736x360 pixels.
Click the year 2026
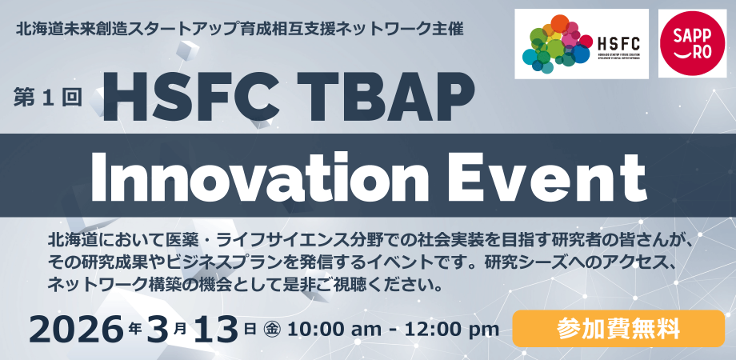pyautogui.click(x=77, y=327)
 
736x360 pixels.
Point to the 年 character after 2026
pyautogui.click(x=135, y=327)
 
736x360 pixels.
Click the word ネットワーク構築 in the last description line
pyautogui.click(x=113, y=284)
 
